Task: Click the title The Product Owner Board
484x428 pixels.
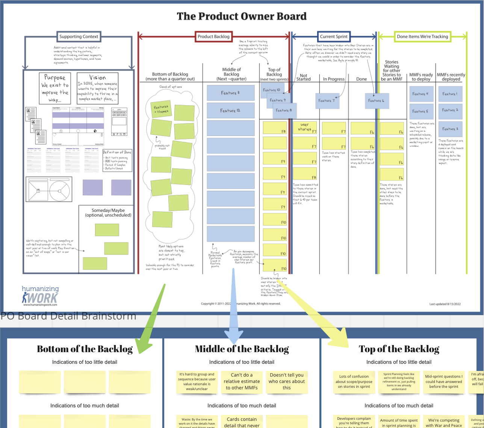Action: point(242,17)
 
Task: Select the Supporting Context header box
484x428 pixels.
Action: point(79,37)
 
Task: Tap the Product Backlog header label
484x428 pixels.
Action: point(213,37)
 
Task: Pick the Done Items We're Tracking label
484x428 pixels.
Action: point(422,37)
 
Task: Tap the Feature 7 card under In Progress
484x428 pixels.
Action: point(326,101)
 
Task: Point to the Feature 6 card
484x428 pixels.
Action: point(376,101)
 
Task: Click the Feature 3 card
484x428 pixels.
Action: point(450,129)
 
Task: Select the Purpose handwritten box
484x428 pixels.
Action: point(55,89)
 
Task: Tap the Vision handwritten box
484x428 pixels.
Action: point(97,89)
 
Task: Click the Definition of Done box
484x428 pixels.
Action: point(118,160)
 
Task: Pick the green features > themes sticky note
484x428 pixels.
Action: point(160,109)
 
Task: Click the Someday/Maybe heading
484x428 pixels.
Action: point(108,212)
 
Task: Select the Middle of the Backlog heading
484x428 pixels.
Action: point(242,349)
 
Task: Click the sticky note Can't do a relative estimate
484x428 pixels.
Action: point(242,381)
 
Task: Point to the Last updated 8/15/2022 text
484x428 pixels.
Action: point(445,304)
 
